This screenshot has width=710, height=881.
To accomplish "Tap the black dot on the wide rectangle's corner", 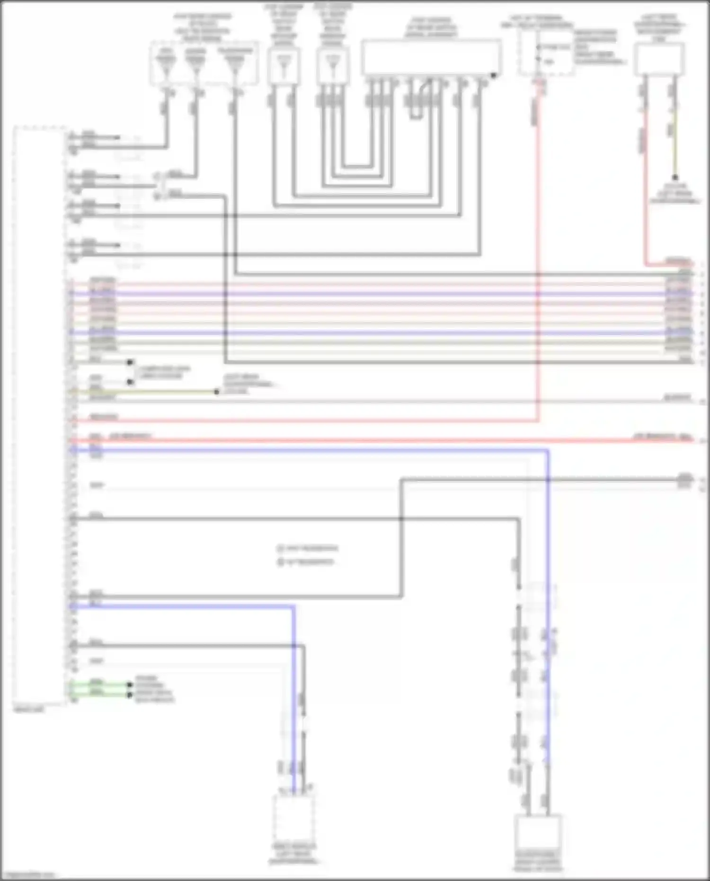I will click(x=493, y=75).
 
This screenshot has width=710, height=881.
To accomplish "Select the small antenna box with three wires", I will click(x=333, y=66).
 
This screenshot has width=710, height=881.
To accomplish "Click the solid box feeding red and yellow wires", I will click(x=659, y=59).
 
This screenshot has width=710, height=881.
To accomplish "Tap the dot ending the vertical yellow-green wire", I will click(x=675, y=178).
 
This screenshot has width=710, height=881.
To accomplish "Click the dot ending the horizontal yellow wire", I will click(x=217, y=392).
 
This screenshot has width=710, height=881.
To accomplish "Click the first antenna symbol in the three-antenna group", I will click(x=166, y=64).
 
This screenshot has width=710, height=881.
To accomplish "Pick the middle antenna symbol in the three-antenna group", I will click(x=195, y=64).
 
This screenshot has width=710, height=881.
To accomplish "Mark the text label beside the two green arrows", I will click(x=154, y=689).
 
